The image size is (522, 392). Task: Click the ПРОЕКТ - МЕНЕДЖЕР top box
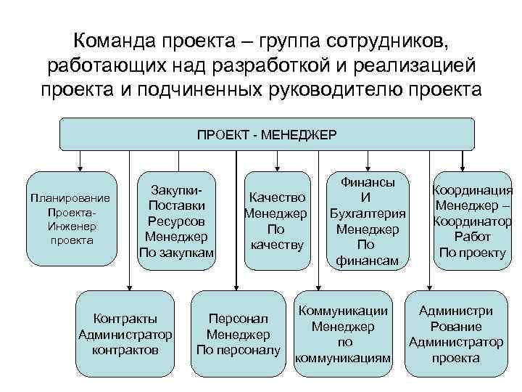tap(266, 134)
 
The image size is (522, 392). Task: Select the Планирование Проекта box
tap(70, 219)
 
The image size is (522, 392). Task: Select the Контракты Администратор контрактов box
tap(125, 333)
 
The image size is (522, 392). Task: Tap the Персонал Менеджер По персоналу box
tap(238, 334)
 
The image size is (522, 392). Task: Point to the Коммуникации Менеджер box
tap(343, 334)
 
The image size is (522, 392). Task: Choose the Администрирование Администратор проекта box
tap(456, 334)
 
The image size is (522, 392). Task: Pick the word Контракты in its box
tap(125, 318)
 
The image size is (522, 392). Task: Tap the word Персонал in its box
tap(238, 319)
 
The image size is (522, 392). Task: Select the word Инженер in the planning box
tap(71, 226)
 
